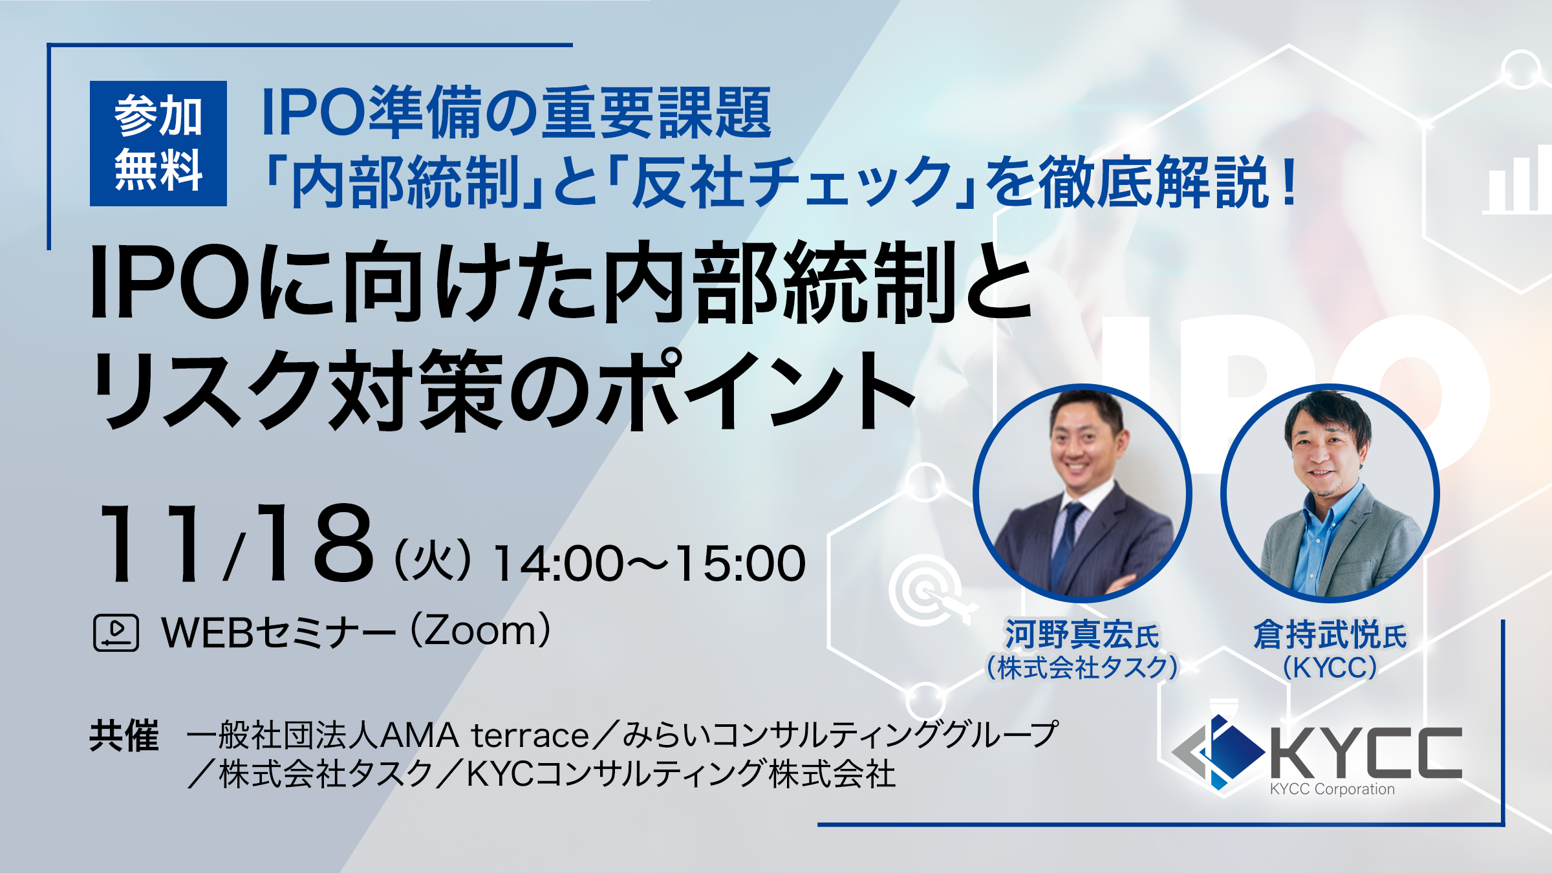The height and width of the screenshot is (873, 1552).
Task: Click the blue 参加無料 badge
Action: click(158, 144)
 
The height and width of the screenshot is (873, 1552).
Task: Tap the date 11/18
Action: click(237, 544)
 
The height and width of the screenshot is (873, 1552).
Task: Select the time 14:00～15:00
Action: click(649, 563)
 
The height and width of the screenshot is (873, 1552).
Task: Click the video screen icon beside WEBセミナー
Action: click(116, 632)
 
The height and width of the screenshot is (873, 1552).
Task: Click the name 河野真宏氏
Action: click(1081, 634)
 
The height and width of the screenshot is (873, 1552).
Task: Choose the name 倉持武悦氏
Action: click(1330, 634)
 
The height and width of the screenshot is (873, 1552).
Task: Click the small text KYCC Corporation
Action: click(1332, 789)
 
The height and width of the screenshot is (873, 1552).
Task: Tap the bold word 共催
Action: click(124, 735)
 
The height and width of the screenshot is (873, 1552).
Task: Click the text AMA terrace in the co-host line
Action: click(484, 735)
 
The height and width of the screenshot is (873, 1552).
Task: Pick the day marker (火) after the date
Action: click(433, 562)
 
